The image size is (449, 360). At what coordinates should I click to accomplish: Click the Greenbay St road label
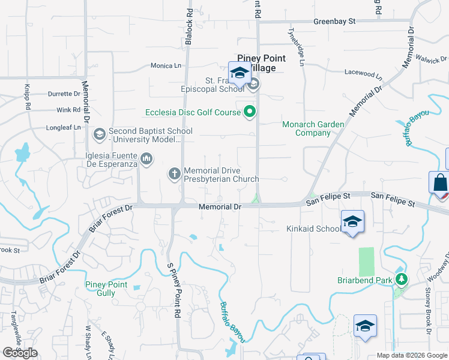[334, 21]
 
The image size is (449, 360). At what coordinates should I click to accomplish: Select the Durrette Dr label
[64, 94]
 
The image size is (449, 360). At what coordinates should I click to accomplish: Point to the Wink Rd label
[68, 110]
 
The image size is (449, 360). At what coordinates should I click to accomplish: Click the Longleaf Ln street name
[64, 127]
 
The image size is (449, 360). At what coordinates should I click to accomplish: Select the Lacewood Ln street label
[363, 74]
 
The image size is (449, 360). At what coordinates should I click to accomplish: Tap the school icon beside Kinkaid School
[352, 221]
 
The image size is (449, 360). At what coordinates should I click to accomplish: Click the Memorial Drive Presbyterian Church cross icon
[175, 174]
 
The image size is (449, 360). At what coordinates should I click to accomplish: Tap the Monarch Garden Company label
[313, 128]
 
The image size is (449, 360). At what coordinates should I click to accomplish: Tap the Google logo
[20, 353]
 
